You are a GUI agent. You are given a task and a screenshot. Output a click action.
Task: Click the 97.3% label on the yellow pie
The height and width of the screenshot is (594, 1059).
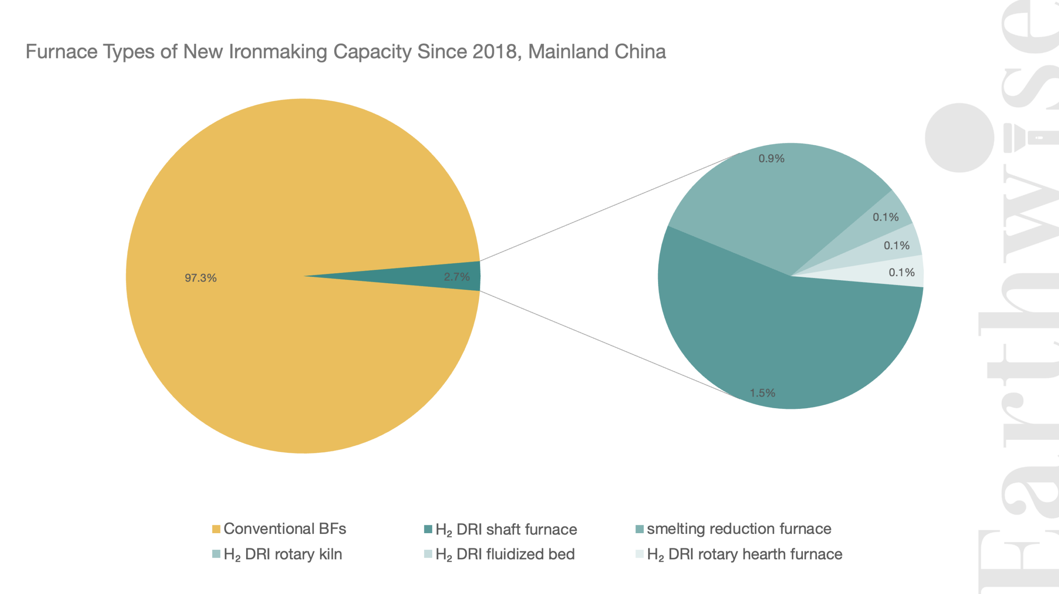tap(201, 278)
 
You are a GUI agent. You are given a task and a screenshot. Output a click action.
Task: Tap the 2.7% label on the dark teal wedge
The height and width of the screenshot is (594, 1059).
tap(457, 277)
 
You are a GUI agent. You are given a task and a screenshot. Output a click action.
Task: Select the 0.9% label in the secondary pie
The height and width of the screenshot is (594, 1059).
tap(771, 159)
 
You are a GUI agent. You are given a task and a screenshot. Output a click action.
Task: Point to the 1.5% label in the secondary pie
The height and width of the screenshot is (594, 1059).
tap(762, 393)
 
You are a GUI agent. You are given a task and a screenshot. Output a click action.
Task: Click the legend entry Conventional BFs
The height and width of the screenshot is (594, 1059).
tap(279, 529)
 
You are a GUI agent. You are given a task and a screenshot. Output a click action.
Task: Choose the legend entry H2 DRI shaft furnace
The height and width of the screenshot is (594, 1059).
tap(501, 529)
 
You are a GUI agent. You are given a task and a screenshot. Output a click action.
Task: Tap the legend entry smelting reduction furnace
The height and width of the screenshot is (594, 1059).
tap(733, 529)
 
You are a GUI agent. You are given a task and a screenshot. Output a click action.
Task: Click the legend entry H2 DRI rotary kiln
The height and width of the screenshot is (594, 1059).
tap(277, 554)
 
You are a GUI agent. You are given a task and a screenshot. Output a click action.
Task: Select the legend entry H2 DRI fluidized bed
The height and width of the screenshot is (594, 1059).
tap(499, 554)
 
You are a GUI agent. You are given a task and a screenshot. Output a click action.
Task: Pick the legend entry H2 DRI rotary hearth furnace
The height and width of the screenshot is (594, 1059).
tap(739, 554)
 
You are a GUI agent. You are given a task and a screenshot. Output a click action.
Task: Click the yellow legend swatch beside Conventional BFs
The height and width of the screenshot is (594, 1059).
tap(216, 529)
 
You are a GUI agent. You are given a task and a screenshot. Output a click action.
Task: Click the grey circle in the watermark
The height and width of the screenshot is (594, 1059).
tap(959, 138)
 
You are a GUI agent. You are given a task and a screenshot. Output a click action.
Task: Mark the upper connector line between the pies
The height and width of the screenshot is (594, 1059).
tap(610, 207)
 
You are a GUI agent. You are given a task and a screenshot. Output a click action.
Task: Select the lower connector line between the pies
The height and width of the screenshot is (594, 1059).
tap(610, 345)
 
